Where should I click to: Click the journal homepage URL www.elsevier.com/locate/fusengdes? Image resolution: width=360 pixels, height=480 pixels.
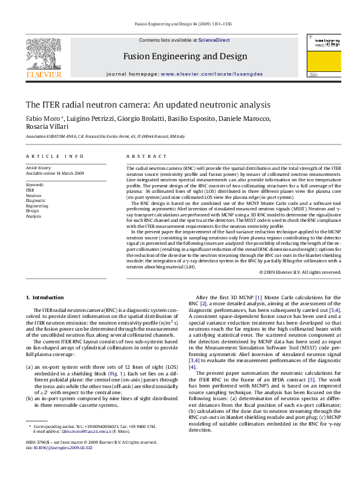pyautogui.click(x=212, y=73)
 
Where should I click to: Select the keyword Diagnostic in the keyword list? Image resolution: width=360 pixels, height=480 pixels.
pyautogui.click(x=36, y=200)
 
